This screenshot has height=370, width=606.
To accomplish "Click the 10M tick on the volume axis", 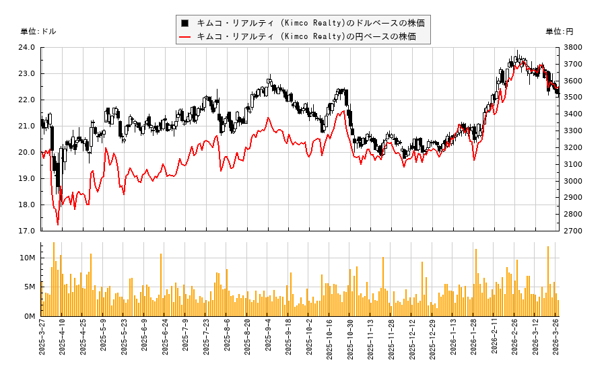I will click(x=27, y=258).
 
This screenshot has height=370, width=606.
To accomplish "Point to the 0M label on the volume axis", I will click(x=30, y=316).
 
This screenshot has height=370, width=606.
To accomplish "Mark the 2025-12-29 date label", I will click(x=433, y=342).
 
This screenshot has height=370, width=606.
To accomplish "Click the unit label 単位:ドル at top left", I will click(x=38, y=32).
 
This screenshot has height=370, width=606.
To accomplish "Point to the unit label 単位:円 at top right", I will click(x=560, y=32).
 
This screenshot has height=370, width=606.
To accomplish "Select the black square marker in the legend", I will click(x=184, y=23).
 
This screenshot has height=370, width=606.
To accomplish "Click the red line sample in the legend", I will click(x=184, y=36).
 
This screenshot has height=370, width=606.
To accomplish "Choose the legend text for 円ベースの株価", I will click(x=306, y=36).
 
